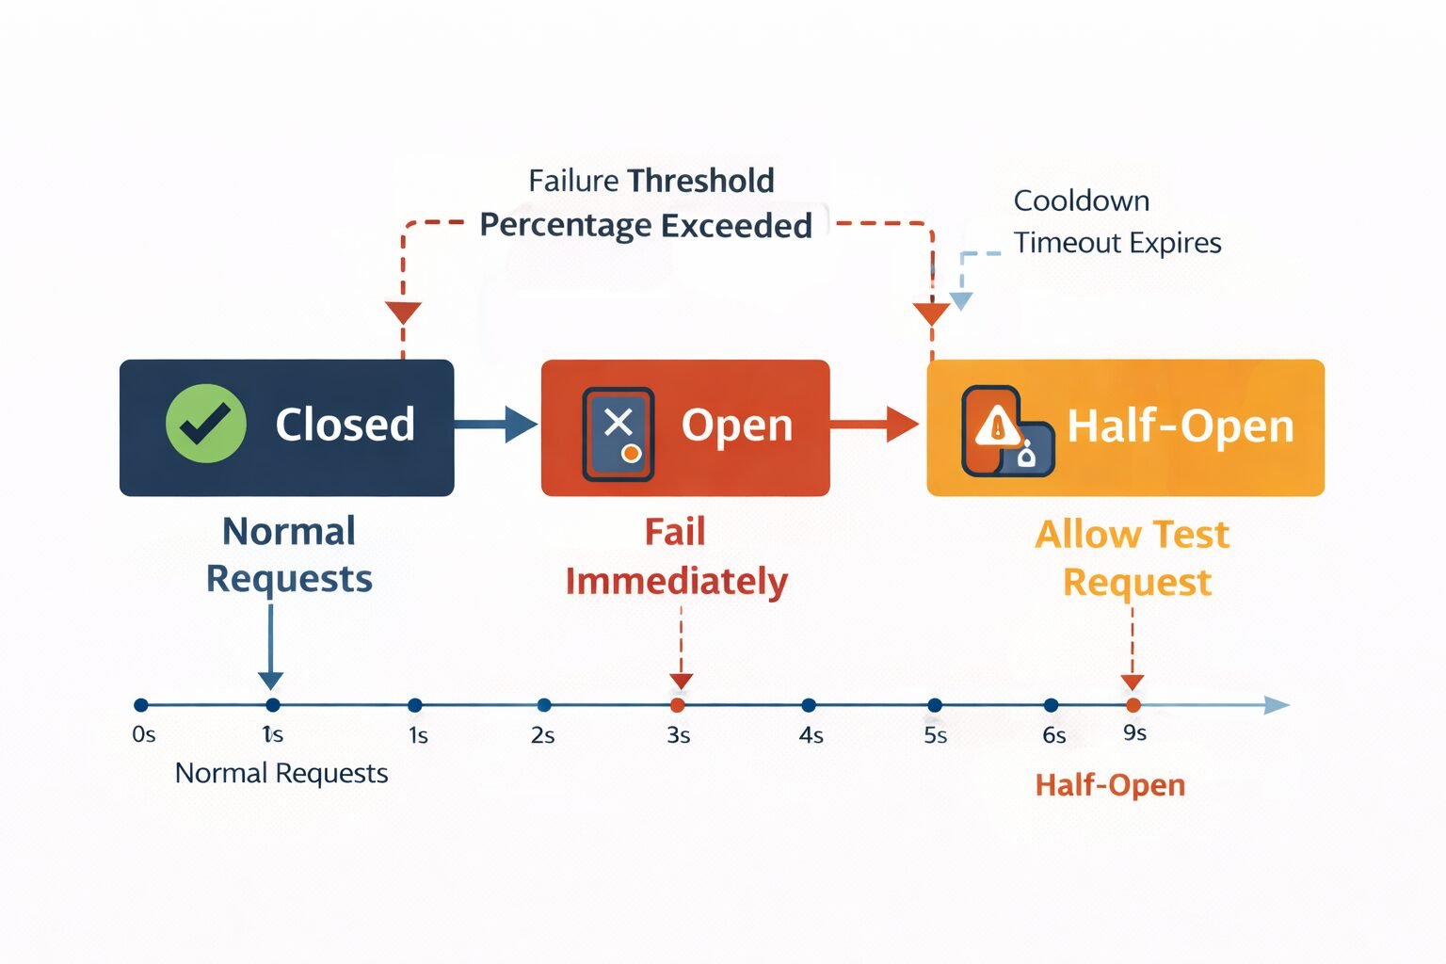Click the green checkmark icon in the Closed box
205,424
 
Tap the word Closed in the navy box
345,425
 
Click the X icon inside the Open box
618,423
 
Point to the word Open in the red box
736,426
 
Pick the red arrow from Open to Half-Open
875,425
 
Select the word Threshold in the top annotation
700,180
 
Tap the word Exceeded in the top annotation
736,226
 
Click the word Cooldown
1081,201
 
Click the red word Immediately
676,582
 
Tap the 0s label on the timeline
143,734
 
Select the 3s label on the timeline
678,735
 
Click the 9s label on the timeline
1134,732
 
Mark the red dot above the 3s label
677,705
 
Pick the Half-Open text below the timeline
1110,785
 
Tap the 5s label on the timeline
935,735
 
